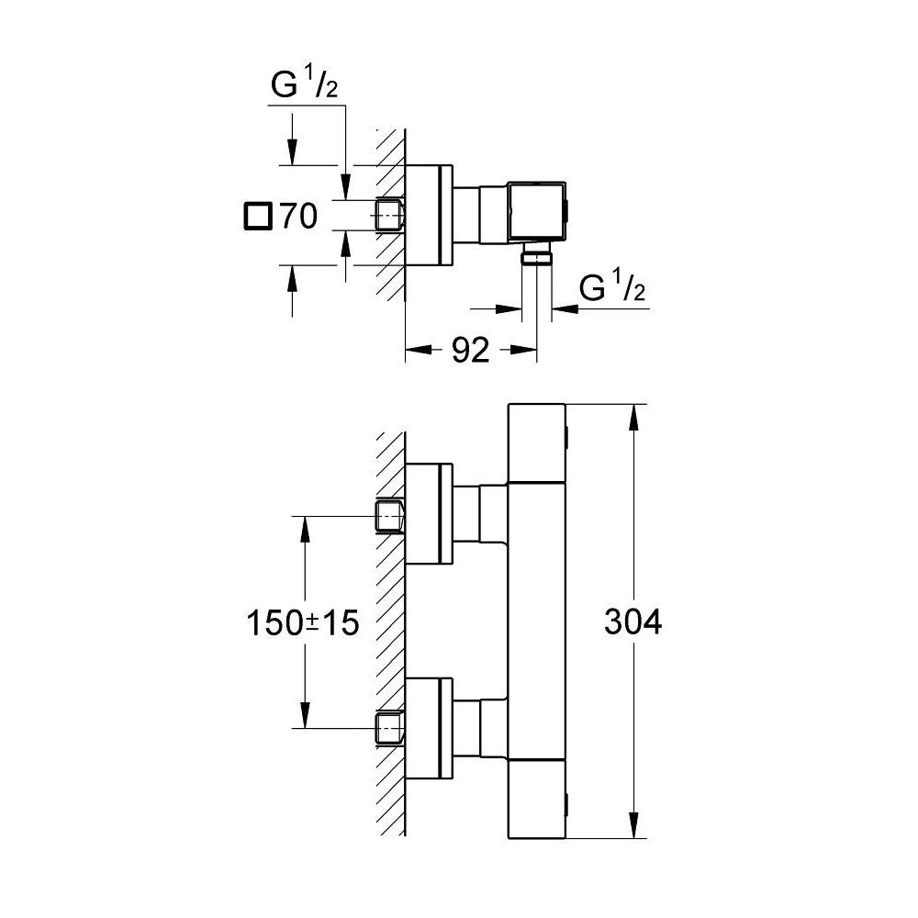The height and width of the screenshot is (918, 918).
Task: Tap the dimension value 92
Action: click(471, 350)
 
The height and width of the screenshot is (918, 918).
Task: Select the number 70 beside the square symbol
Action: click(298, 217)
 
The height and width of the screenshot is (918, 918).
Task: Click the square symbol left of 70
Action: click(258, 217)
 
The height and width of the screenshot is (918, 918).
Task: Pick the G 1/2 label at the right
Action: click(612, 289)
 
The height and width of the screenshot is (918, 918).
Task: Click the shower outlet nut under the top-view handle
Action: click(536, 256)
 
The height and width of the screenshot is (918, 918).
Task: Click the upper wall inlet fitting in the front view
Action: click(391, 517)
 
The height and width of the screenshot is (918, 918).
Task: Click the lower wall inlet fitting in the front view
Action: click(391, 728)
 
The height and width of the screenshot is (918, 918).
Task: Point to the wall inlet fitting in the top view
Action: click(391, 216)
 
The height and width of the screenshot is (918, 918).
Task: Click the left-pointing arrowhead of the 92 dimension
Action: click(415, 349)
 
